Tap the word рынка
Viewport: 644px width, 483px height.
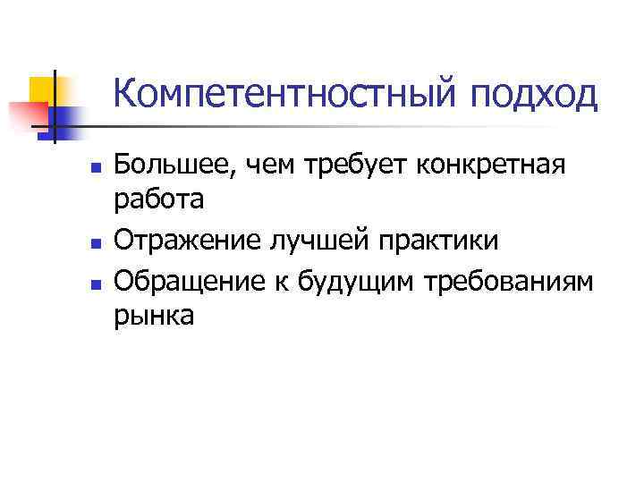pos(155,317)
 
